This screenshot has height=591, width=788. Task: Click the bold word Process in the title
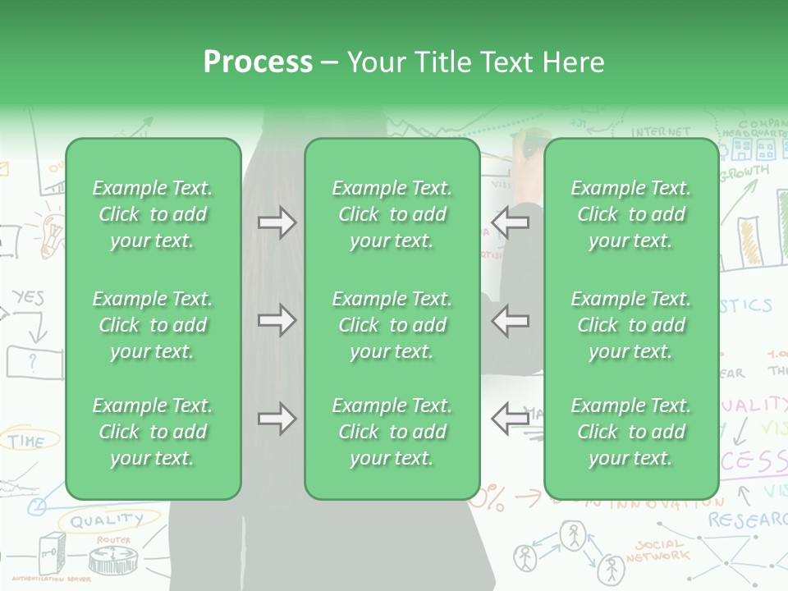pos(258,62)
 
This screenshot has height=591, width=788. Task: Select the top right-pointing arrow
pos(277,222)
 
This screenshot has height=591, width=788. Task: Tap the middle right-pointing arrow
pos(277,320)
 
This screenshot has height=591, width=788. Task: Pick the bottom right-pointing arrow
pos(277,419)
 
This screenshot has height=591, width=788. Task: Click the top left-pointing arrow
pos(510,222)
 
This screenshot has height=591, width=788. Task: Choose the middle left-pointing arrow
pos(510,320)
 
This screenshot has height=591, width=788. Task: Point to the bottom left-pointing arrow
pos(510,419)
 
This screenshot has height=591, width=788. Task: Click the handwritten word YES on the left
pos(28,298)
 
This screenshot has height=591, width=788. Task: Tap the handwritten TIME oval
pos(28,441)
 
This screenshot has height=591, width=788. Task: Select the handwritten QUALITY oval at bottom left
pos(106,520)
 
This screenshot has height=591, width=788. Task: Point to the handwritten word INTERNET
pos(661,131)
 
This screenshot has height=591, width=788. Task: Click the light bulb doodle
pos(51,230)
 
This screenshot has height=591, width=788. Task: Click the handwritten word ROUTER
pos(112,540)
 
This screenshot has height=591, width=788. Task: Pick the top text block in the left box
pos(153,214)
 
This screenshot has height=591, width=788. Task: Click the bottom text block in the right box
pos(630,432)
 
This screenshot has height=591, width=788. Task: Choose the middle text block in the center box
pos(392,325)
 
